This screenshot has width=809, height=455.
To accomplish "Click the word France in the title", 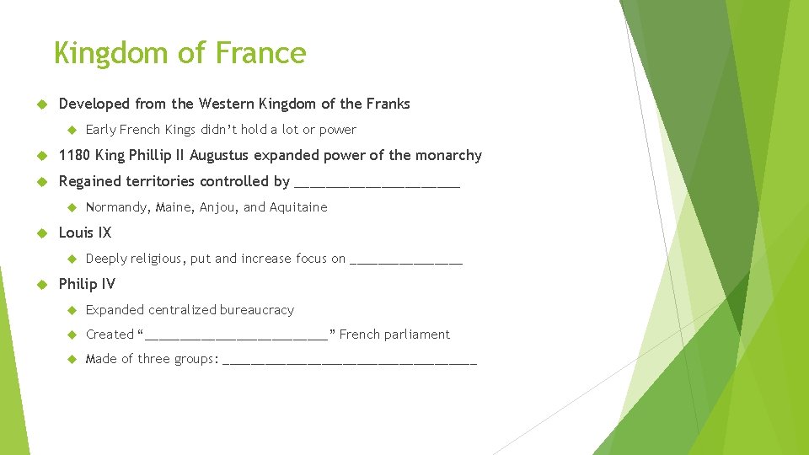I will click(260, 53).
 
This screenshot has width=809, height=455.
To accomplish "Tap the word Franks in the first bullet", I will click(388, 104).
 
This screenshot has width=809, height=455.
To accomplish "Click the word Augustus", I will click(221, 156).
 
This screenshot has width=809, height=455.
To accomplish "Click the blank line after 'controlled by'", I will click(378, 183).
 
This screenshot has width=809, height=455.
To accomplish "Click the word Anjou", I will click(219, 207).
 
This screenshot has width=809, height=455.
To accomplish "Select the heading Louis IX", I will click(84, 233).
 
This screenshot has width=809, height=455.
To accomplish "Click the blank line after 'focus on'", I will click(406, 260).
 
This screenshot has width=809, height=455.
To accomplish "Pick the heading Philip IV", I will click(87, 284).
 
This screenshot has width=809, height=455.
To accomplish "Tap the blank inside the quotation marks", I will click(237, 335).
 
